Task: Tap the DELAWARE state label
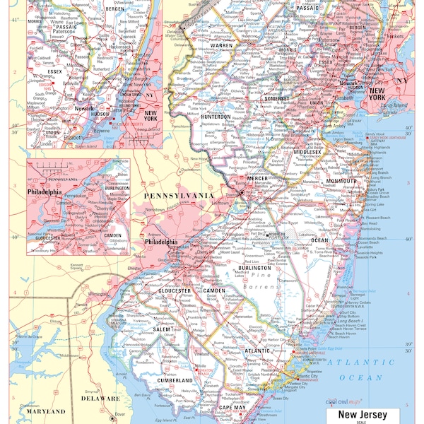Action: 100,399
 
